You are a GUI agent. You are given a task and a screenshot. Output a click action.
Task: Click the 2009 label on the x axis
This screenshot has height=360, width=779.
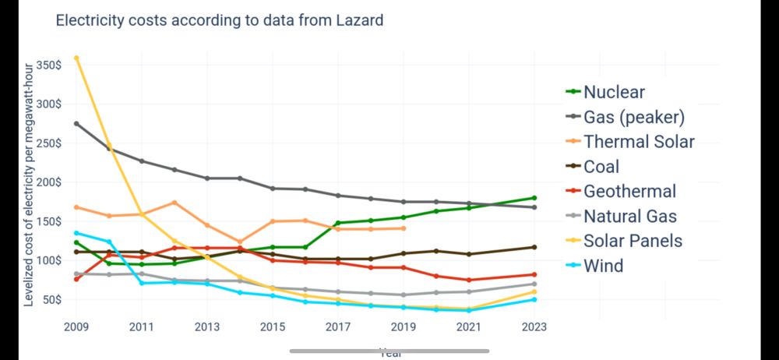coord(76,327)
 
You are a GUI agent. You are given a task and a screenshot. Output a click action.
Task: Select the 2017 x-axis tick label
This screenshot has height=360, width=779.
coord(338,327)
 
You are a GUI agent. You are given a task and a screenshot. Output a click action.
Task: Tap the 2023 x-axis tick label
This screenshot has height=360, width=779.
coord(534,327)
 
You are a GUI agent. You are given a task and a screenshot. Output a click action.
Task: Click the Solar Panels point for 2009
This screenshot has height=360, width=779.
coord(76,58)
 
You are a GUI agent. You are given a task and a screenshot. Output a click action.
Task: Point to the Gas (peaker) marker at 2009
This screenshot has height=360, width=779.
coord(76,124)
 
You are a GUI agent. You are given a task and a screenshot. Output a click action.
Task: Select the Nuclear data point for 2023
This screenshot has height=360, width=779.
coord(534,198)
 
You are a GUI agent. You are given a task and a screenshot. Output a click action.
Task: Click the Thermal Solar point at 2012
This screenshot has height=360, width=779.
coord(174,203)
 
